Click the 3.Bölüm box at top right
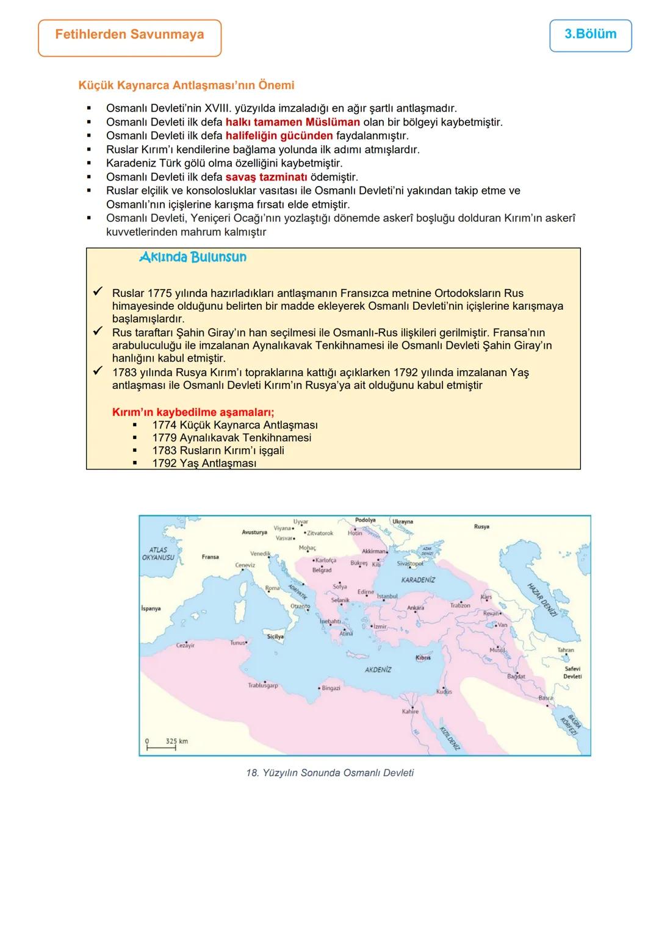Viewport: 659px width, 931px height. pyautogui.click(x=590, y=35)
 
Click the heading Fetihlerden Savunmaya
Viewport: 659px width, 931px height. pyautogui.click(x=129, y=35)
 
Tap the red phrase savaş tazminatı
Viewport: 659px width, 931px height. pyautogui.click(x=266, y=177)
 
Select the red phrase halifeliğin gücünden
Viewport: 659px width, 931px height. pyautogui.click(x=279, y=135)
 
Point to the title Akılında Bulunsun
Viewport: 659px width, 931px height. pyautogui.click(x=193, y=257)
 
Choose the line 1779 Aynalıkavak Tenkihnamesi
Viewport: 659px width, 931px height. pyautogui.click(x=231, y=438)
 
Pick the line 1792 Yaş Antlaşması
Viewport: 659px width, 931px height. pyautogui.click(x=204, y=463)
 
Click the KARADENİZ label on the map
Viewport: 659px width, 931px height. pyautogui.click(x=418, y=580)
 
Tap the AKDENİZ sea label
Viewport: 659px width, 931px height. pyautogui.click(x=378, y=669)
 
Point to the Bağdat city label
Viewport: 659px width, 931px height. pyautogui.click(x=516, y=677)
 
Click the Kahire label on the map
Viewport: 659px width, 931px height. pyautogui.click(x=410, y=712)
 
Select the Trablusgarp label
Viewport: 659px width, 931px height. pyautogui.click(x=263, y=685)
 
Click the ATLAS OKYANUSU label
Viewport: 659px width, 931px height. pyautogui.click(x=158, y=554)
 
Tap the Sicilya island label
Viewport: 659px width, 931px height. pyautogui.click(x=275, y=637)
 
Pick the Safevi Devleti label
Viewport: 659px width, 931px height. pyautogui.click(x=572, y=672)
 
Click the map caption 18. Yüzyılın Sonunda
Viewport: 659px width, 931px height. pyautogui.click(x=329, y=773)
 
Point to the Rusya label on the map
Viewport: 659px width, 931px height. pyautogui.click(x=481, y=526)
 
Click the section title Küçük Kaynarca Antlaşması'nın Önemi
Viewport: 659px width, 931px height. pyautogui.click(x=186, y=85)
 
